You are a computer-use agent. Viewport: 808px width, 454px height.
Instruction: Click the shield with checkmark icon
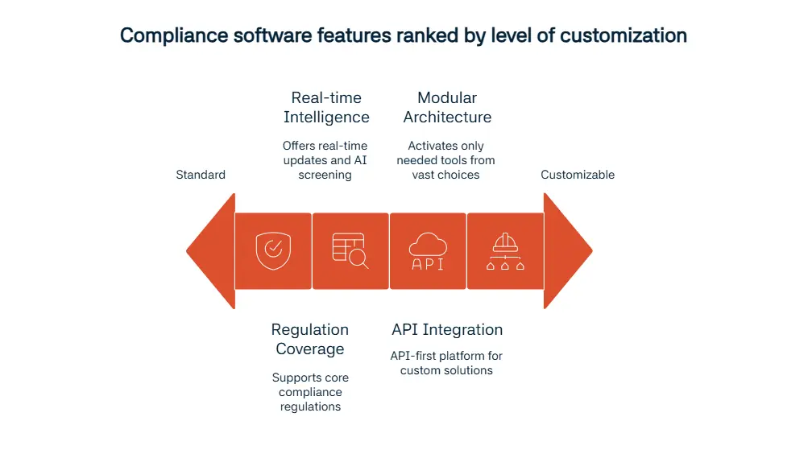point(272,250)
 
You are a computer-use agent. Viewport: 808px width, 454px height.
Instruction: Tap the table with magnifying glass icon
point(350,250)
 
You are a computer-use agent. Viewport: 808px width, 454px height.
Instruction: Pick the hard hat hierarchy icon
point(505,250)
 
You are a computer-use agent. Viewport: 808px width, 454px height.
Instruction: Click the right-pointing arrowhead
point(567,250)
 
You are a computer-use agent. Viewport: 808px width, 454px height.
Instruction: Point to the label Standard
point(201,175)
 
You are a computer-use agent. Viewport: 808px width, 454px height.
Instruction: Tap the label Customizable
point(578,175)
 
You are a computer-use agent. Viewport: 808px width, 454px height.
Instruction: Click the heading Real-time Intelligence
point(326,107)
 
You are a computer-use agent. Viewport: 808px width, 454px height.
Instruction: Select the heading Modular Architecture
point(447,107)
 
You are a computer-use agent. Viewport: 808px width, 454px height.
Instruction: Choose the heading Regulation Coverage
point(310,339)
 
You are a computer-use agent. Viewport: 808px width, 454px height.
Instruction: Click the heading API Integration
point(447,329)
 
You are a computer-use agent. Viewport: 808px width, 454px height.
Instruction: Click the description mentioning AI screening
point(325,160)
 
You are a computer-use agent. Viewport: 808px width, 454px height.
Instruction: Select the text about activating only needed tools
point(446,160)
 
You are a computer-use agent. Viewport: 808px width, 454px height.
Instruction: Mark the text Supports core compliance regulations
point(310,392)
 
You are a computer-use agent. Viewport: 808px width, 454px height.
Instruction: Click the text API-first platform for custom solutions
point(446,363)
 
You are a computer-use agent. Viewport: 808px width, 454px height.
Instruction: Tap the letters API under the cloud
point(428,263)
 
